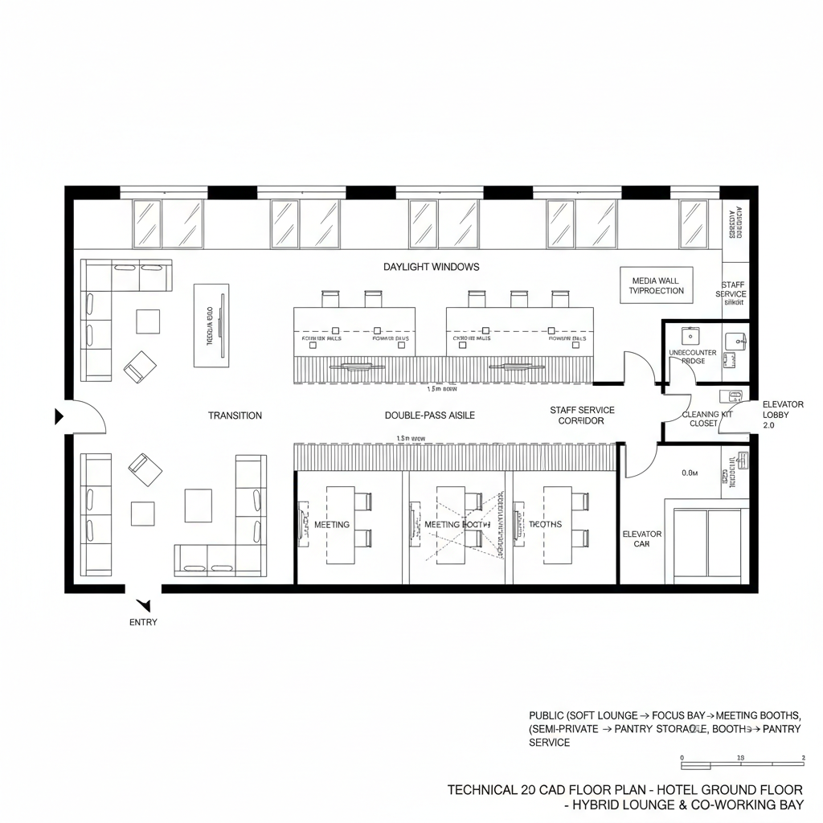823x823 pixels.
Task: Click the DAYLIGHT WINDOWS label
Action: click(431, 267)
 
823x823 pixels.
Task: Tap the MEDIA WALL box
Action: click(656, 285)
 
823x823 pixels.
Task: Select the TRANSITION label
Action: click(235, 416)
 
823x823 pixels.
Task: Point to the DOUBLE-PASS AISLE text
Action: click(430, 416)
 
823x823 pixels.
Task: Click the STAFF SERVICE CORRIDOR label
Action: click(582, 416)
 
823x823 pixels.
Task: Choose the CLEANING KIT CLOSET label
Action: click(707, 419)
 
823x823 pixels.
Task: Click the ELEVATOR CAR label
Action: click(642, 538)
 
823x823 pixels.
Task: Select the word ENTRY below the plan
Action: click(143, 622)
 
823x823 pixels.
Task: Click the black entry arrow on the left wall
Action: click(59, 416)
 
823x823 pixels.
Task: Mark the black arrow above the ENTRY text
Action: click(145, 605)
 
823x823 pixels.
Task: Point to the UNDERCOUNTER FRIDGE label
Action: click(692, 357)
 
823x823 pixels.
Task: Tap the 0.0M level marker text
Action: click(690, 473)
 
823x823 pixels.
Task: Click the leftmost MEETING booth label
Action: click(331, 525)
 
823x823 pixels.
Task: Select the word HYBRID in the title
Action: click(596, 805)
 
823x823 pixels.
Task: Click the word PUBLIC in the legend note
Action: click(546, 715)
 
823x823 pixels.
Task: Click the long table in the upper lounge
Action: click(211, 326)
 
